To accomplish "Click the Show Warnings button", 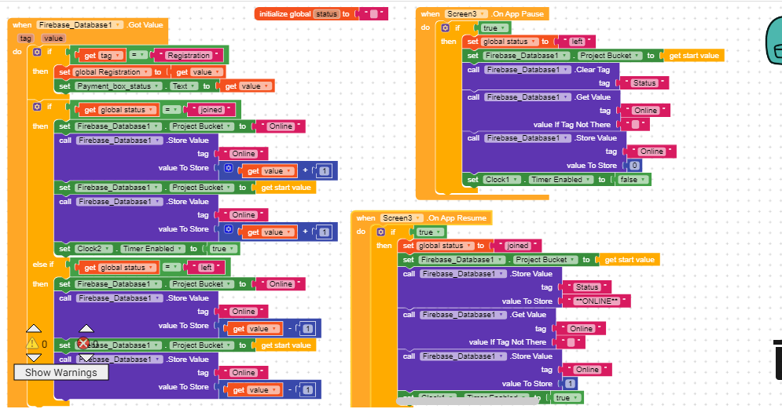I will point(61,372).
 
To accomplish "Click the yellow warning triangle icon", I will point(32,343).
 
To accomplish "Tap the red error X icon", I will point(84,343).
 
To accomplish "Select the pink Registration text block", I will point(189,55).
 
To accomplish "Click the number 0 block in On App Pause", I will point(635,166).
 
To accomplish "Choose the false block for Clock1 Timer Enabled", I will point(631,180).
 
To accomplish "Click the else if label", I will point(42,265).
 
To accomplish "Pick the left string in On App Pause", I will point(576,42).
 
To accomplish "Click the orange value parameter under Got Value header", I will point(53,38).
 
